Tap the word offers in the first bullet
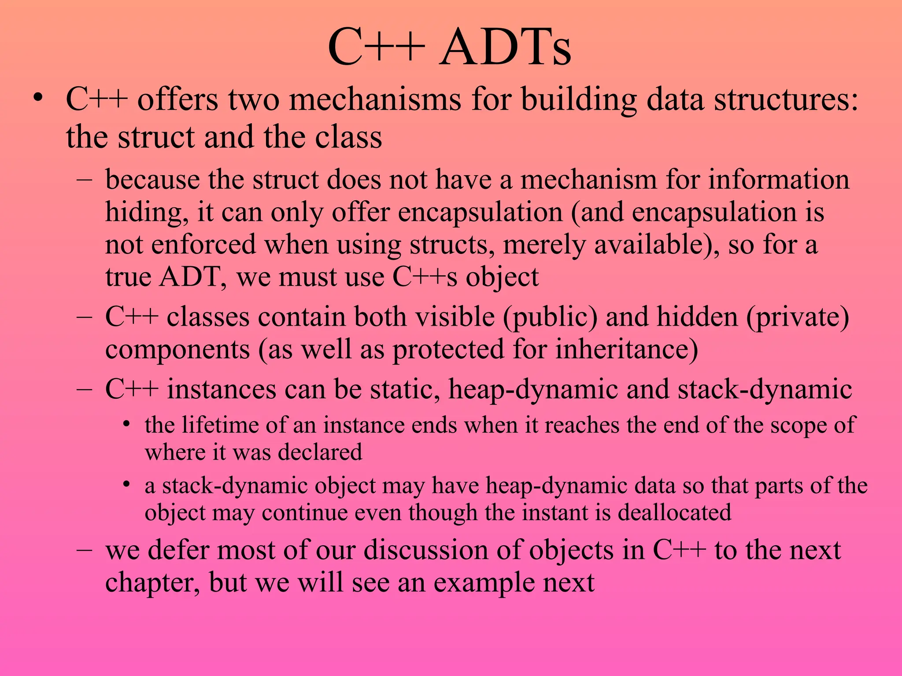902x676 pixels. pyautogui.click(x=177, y=99)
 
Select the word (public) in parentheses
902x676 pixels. pyautogui.click(x=550, y=317)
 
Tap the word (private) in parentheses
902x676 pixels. pyautogui.click(x=798, y=317)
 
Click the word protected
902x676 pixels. pyautogui.click(x=448, y=349)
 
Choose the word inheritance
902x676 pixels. pyautogui.click(x=626, y=349)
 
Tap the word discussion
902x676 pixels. pyautogui.click(x=426, y=550)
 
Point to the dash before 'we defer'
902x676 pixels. pyautogui.click(x=84, y=550)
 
